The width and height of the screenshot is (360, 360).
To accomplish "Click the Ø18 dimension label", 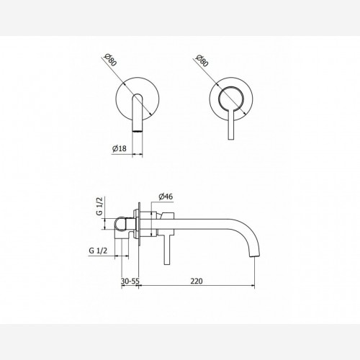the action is (x=119, y=148).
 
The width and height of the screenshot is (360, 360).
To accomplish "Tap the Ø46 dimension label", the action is (x=166, y=197).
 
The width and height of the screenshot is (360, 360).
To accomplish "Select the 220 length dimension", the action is (x=197, y=281).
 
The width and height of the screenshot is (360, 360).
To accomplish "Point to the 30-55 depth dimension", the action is (x=130, y=281).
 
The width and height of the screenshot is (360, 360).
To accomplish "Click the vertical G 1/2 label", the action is (x=100, y=206).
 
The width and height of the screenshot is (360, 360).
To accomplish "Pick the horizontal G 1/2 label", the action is (x=98, y=251).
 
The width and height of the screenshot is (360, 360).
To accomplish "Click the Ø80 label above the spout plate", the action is (x=110, y=60).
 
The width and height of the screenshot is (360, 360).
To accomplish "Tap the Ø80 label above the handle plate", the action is (x=202, y=60).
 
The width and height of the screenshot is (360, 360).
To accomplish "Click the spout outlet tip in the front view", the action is (x=138, y=131).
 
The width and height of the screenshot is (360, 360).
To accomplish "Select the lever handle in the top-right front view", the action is (x=230, y=124).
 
